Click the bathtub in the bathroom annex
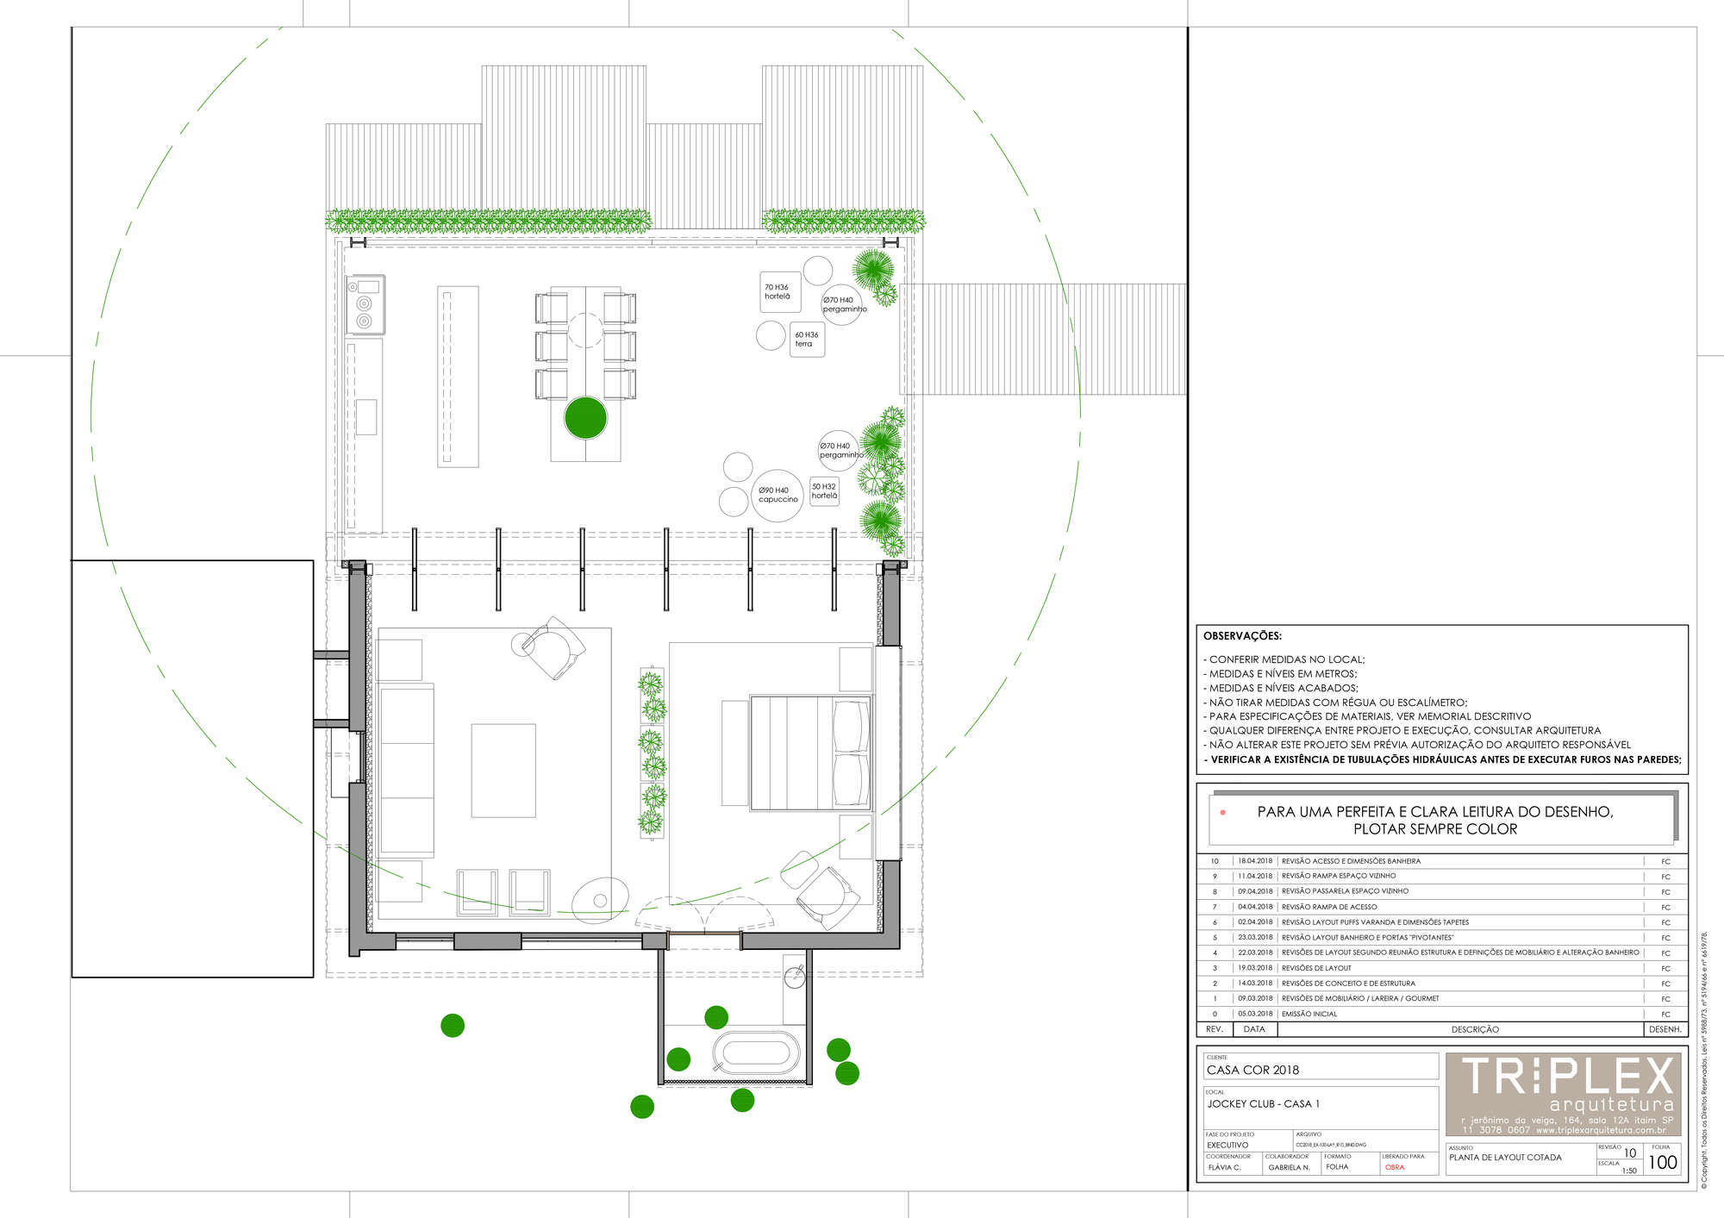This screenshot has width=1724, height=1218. coord(755,1052)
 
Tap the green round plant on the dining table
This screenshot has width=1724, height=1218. coord(585,417)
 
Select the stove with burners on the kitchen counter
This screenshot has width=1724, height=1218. coord(365,304)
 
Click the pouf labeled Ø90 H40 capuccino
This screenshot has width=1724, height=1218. coord(778,495)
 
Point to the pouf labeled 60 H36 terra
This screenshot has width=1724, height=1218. coord(807,339)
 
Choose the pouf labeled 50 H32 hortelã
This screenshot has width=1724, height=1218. coord(824,491)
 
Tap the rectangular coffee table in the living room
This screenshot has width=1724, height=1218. coord(503,770)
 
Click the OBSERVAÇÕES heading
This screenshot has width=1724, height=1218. coord(1242,636)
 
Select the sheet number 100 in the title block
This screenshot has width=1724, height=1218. coord(1662,1162)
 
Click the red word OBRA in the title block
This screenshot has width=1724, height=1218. coord(1395,1167)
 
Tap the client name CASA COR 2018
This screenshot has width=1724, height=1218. coord(1252,1070)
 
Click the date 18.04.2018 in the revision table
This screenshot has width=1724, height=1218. coord(1255,861)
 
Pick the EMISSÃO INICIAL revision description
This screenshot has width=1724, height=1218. coord(1309,1014)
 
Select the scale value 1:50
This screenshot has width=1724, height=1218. coord(1628,1171)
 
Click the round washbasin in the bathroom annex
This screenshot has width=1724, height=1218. coord(795,978)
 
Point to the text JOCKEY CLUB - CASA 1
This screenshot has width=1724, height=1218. coord(1263,1103)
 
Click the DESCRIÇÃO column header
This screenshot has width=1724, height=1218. coord(1475,1029)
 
